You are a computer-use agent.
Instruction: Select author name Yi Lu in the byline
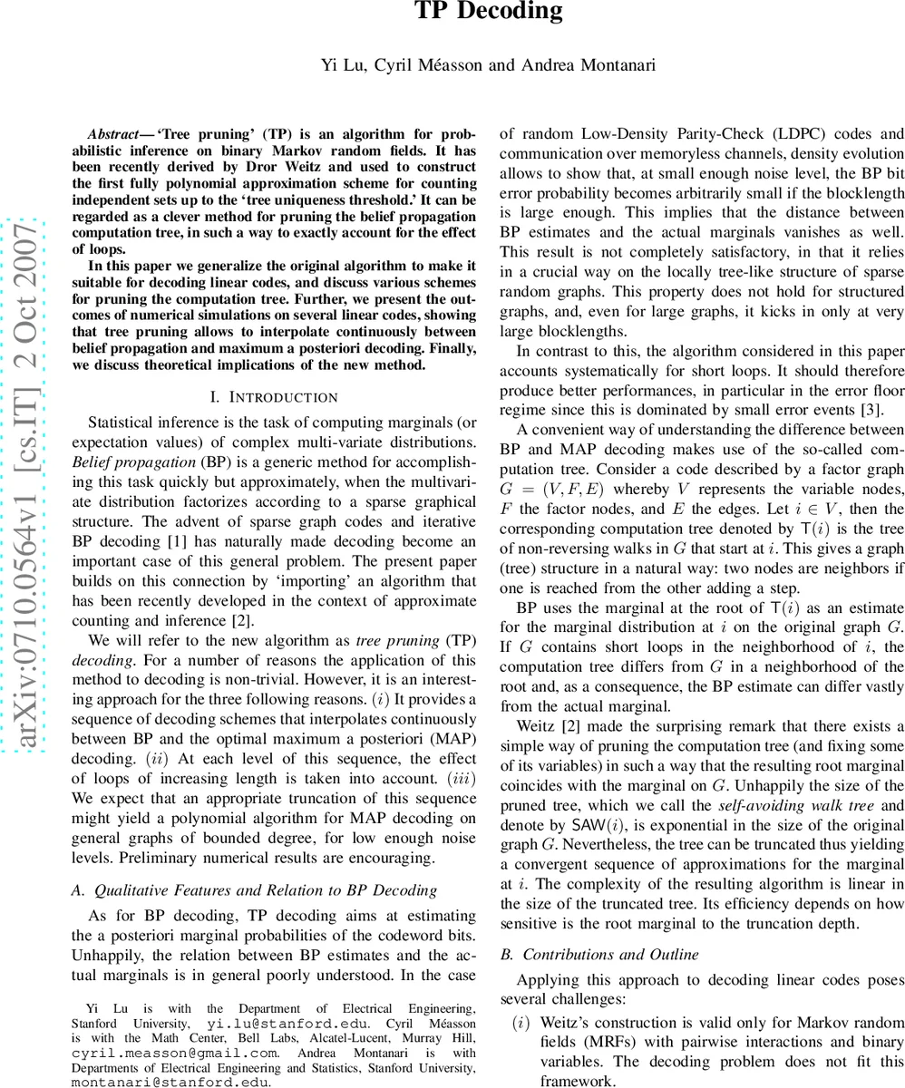point(338,64)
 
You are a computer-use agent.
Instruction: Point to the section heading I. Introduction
point(273,397)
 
